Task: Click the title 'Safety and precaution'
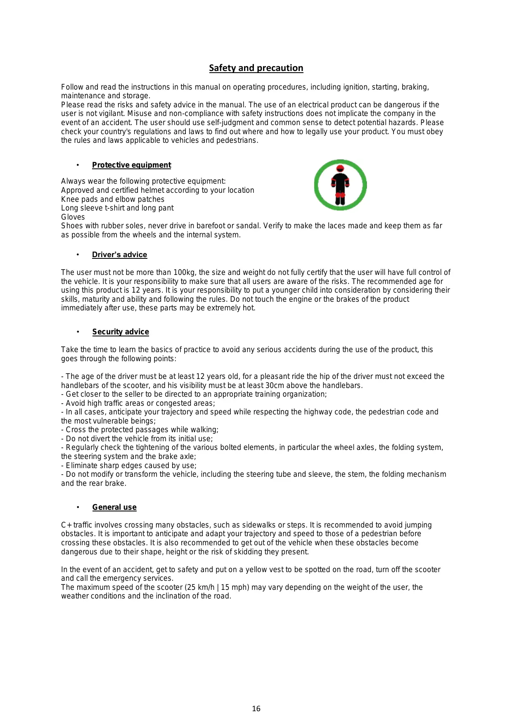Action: tap(256, 68)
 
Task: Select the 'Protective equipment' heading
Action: tap(131, 165)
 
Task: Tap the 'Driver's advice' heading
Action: tap(119, 255)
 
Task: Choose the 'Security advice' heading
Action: tap(121, 332)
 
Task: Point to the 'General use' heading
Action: tap(114, 507)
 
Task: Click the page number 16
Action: tap(256, 709)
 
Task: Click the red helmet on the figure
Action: tap(340, 168)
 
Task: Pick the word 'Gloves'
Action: tap(73, 217)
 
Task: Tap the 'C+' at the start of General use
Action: tap(66, 525)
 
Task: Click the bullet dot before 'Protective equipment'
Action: tap(78, 165)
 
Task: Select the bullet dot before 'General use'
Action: tap(78, 507)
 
